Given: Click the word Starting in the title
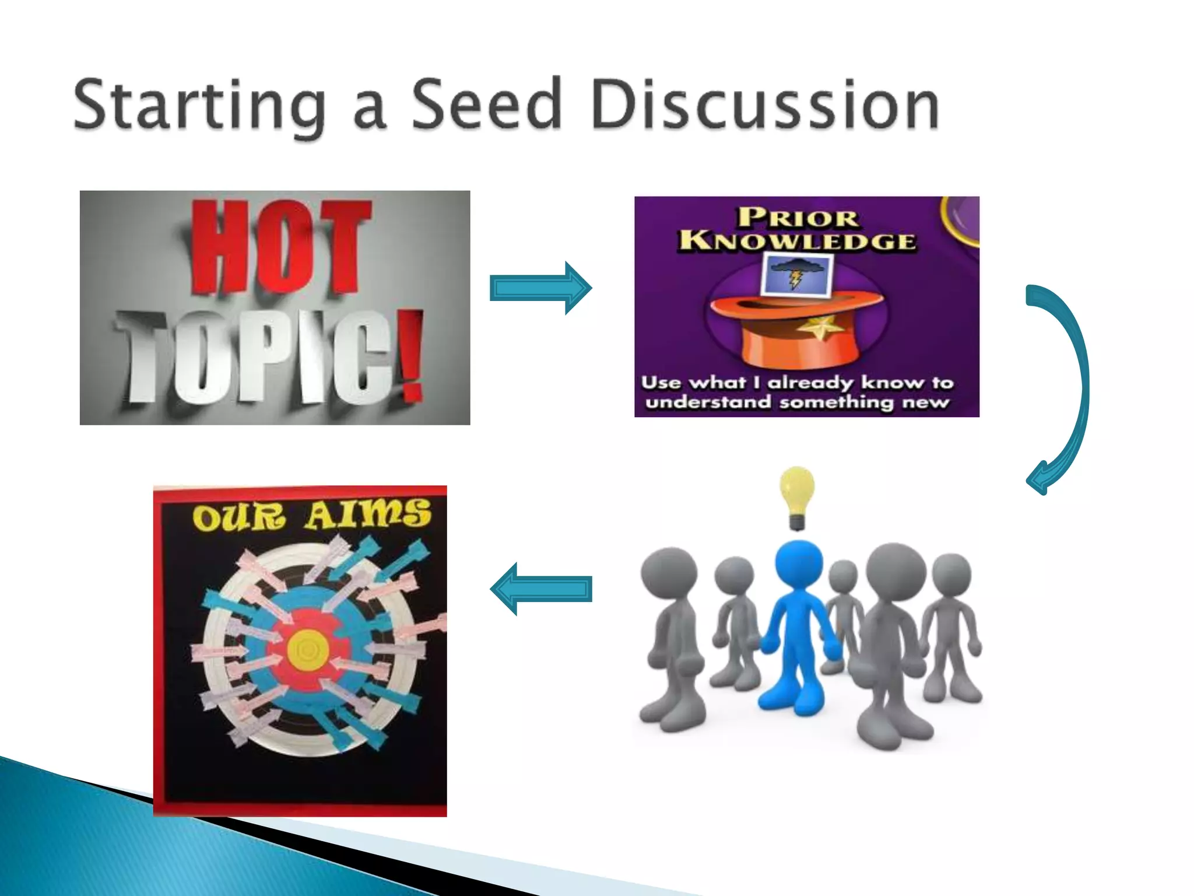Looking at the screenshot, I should pyautogui.click(x=199, y=105).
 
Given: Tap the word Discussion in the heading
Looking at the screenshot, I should pyautogui.click(x=764, y=105).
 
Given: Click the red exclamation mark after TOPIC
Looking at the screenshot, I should pyautogui.click(x=413, y=356).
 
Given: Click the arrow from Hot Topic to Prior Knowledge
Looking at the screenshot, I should pyautogui.click(x=540, y=288).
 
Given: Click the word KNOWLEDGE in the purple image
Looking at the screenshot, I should pyautogui.click(x=798, y=241).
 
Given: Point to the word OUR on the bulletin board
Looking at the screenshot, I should pyautogui.click(x=239, y=517).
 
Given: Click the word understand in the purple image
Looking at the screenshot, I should pyautogui.click(x=708, y=402).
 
